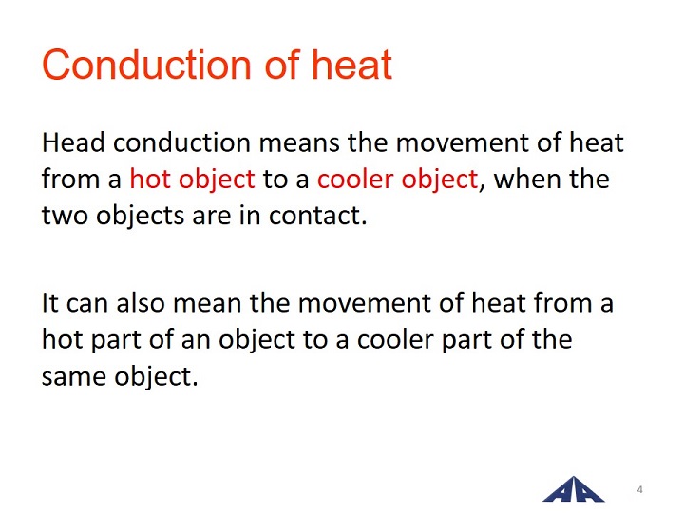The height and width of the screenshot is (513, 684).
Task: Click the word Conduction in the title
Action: pos(146,65)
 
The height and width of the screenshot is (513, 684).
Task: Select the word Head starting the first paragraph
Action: pos(73,142)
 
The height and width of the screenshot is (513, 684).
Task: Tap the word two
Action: pos(65,216)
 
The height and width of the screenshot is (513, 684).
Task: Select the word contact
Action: pos(317,216)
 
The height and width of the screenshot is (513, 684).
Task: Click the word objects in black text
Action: pos(140,217)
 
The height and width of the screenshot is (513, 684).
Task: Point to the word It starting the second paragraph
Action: pos(50,303)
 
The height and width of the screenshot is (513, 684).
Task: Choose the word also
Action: pos(141,303)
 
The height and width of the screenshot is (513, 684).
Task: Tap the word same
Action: pos(74,377)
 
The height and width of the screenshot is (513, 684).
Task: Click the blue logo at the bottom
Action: pos(573,489)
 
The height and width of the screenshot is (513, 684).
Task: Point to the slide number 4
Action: pos(639,489)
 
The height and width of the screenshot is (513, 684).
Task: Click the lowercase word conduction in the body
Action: pos(181,142)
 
